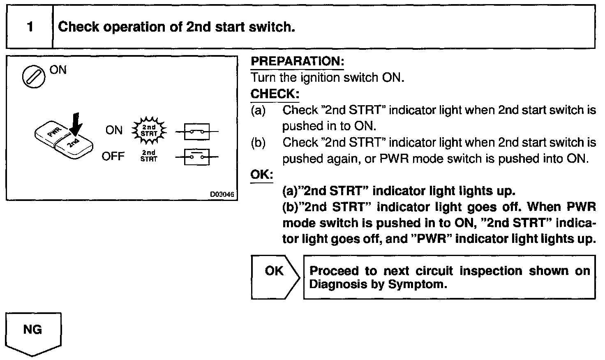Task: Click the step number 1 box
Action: [30, 27]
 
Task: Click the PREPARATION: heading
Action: [297, 62]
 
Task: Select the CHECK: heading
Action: [275, 94]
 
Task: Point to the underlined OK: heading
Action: [262, 174]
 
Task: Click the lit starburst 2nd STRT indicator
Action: [149, 131]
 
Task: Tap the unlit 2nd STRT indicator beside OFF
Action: [149, 156]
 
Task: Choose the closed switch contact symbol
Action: [197, 132]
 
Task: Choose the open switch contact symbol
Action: [197, 157]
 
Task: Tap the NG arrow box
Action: [33, 333]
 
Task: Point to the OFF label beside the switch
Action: [113, 157]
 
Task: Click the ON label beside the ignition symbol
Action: [58, 70]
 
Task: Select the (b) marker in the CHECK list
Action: [258, 143]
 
